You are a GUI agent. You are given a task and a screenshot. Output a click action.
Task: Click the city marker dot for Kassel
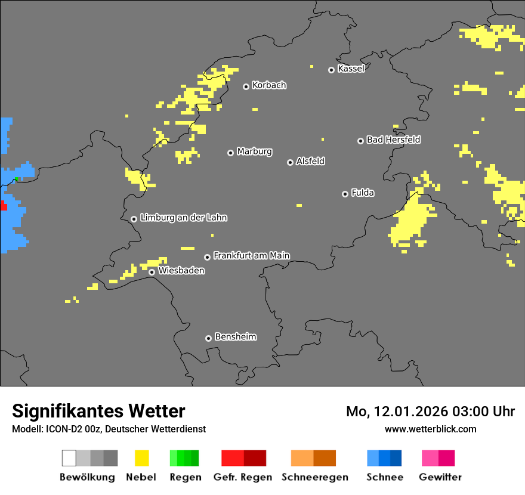tap(331, 70)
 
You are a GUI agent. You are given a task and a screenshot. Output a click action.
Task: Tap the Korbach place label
tap(269, 85)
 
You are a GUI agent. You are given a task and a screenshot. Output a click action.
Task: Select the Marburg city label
tap(254, 151)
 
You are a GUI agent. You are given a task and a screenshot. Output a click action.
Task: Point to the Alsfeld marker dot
tap(290, 162)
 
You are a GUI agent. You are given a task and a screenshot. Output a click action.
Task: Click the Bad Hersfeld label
tap(393, 140)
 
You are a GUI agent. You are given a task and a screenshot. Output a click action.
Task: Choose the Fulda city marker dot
tap(345, 194)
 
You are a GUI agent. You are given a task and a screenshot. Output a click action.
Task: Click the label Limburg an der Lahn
tap(183, 218)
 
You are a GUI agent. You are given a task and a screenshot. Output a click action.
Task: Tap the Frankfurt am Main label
tap(251, 256)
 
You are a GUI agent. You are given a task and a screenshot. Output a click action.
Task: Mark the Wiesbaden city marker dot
tap(152, 272)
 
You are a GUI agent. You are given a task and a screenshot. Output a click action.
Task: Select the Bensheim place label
tap(235, 337)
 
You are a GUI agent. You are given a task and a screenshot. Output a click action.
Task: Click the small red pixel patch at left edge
tap(3, 206)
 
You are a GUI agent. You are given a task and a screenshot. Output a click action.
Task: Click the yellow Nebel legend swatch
tap(141, 458)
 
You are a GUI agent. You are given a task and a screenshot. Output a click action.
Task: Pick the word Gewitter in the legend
tap(440, 477)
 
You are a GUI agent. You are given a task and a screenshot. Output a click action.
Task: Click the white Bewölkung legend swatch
tap(69, 458)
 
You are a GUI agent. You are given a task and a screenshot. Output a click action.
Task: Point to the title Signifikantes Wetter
tap(98, 411)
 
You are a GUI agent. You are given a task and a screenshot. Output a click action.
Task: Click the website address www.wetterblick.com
tap(430, 429)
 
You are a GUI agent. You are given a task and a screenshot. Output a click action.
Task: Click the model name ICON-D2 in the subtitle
tap(59, 429)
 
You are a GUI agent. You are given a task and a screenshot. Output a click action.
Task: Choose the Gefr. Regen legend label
tap(243, 477)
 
